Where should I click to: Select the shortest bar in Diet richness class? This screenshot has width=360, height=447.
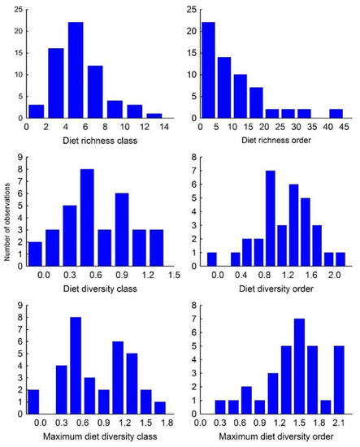(154, 116)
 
